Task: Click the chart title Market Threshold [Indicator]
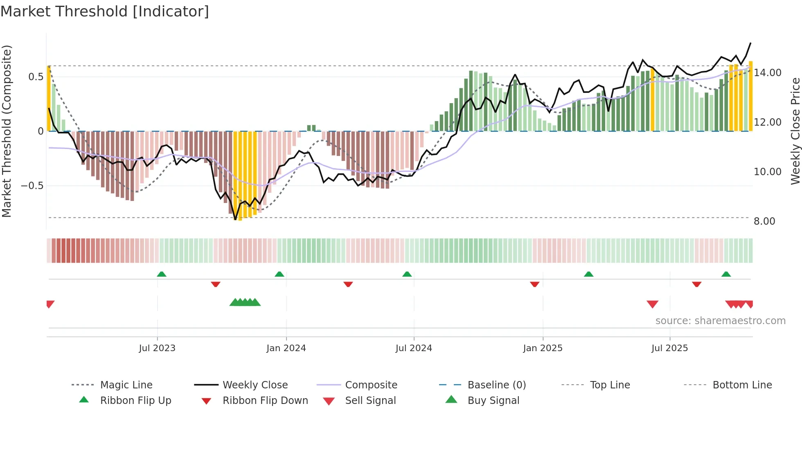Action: click(105, 11)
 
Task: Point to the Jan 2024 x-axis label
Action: click(286, 348)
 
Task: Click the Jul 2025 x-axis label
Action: click(669, 348)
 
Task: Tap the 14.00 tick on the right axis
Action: click(767, 73)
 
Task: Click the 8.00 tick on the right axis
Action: click(764, 221)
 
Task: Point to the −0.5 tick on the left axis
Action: click(32, 186)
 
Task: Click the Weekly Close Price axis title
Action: click(795, 131)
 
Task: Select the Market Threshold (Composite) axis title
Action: click(7, 131)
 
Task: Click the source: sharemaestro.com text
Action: click(720, 320)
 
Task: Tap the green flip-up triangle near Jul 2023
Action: click(162, 274)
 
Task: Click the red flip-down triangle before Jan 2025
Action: click(534, 284)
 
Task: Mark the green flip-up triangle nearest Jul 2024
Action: click(407, 274)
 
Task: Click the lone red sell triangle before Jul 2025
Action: click(652, 304)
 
